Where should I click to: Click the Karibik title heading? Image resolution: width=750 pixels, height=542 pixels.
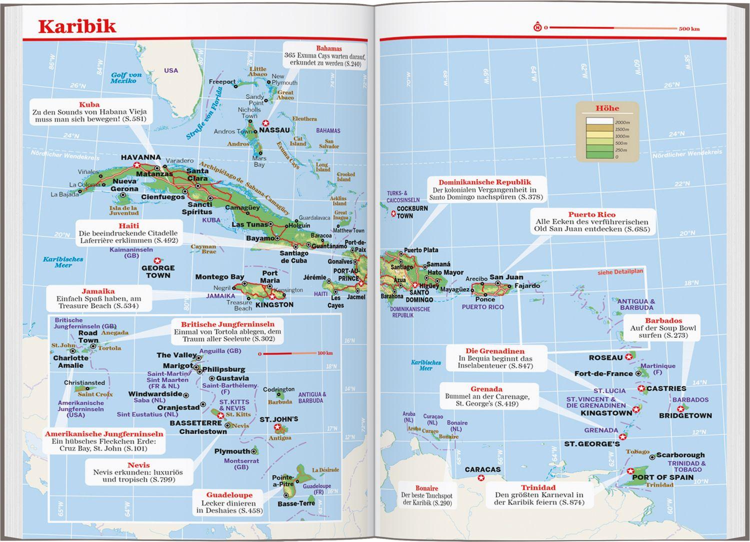(77, 26)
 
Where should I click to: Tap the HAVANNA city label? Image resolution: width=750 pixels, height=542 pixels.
(140, 157)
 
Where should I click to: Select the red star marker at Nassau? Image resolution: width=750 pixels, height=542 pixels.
(266, 123)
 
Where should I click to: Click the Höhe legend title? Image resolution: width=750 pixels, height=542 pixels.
(607, 108)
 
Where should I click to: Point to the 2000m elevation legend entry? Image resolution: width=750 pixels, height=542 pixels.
(622, 122)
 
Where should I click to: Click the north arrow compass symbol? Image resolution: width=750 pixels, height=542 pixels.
(537, 27)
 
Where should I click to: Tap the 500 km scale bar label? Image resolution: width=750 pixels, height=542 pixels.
(688, 29)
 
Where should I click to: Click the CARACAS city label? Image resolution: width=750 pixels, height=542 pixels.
(482, 469)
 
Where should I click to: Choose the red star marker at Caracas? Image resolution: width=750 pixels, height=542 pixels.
(481, 478)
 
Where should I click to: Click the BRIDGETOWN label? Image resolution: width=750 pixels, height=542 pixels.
(685, 415)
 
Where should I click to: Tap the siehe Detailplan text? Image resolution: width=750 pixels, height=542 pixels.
(620, 272)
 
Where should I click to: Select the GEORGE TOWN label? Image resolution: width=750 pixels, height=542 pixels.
(158, 271)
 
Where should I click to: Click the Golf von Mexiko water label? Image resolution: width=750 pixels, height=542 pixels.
(126, 78)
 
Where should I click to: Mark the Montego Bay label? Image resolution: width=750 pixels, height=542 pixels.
(219, 276)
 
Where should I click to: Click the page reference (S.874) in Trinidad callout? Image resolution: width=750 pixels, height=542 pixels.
(571, 502)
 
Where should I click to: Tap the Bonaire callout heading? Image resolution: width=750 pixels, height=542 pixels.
(426, 488)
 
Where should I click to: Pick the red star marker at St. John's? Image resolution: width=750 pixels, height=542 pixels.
(277, 428)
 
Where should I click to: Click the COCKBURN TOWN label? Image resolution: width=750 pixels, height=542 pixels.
(412, 212)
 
